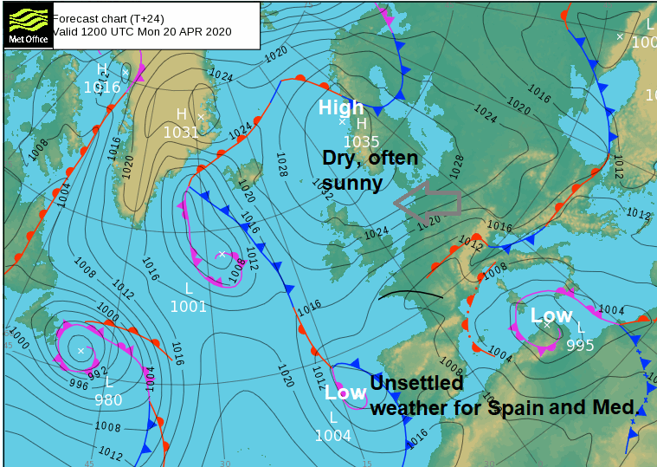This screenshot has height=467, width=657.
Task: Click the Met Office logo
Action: (x=27, y=23)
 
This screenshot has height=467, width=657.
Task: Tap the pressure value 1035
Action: (x=361, y=142)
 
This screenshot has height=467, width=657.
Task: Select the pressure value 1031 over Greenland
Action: (x=181, y=132)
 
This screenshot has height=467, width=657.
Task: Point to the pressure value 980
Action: (x=108, y=399)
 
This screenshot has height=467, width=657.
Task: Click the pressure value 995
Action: (x=580, y=345)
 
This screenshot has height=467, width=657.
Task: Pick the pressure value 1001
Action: (x=188, y=306)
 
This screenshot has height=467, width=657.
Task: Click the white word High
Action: (x=341, y=107)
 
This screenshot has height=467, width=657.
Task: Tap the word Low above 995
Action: (x=551, y=315)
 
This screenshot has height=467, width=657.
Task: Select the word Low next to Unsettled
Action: (x=345, y=392)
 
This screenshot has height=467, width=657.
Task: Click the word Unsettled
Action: (x=416, y=383)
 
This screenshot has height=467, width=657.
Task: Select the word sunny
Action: (x=352, y=183)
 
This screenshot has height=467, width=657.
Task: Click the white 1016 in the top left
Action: (x=101, y=87)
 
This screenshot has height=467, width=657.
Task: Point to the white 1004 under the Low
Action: (x=332, y=436)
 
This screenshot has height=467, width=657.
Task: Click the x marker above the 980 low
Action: (x=81, y=351)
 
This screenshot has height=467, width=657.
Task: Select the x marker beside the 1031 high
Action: (x=201, y=116)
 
